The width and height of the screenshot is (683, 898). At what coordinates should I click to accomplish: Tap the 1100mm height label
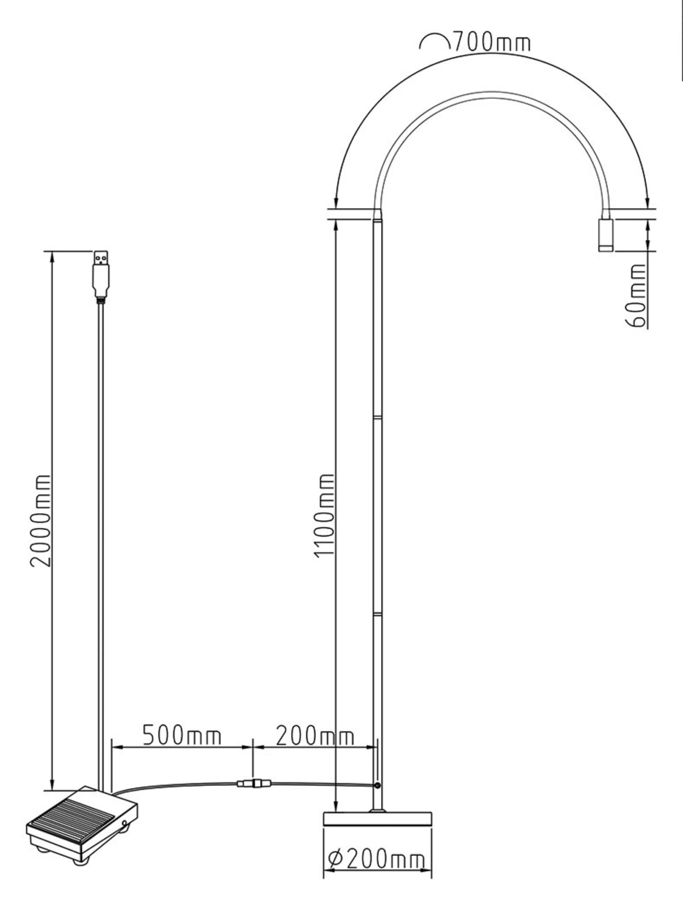point(325,515)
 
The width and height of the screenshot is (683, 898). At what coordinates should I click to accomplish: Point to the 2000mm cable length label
point(41,520)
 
